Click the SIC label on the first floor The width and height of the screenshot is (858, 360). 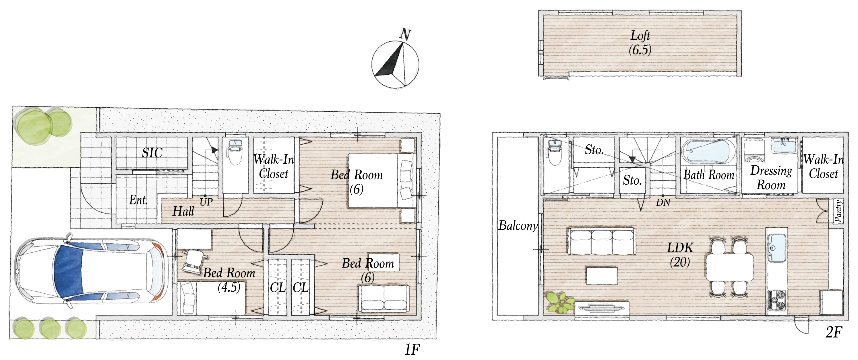(x=152, y=153)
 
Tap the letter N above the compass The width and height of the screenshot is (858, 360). (x=405, y=34)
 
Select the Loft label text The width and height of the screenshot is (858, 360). (x=640, y=36)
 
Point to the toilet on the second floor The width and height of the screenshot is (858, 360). (x=555, y=152)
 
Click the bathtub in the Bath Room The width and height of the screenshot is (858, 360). (x=708, y=152)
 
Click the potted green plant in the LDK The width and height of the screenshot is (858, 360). (x=559, y=302)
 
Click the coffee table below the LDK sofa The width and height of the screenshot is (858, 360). (x=602, y=275)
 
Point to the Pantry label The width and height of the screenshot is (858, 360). (x=838, y=211)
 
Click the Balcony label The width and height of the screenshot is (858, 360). (x=518, y=226)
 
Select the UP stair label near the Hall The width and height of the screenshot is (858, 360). (x=206, y=202)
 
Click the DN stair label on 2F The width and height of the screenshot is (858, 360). (x=663, y=202)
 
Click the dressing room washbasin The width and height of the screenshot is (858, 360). (x=785, y=146)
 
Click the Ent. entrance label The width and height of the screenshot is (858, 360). (x=139, y=200)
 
